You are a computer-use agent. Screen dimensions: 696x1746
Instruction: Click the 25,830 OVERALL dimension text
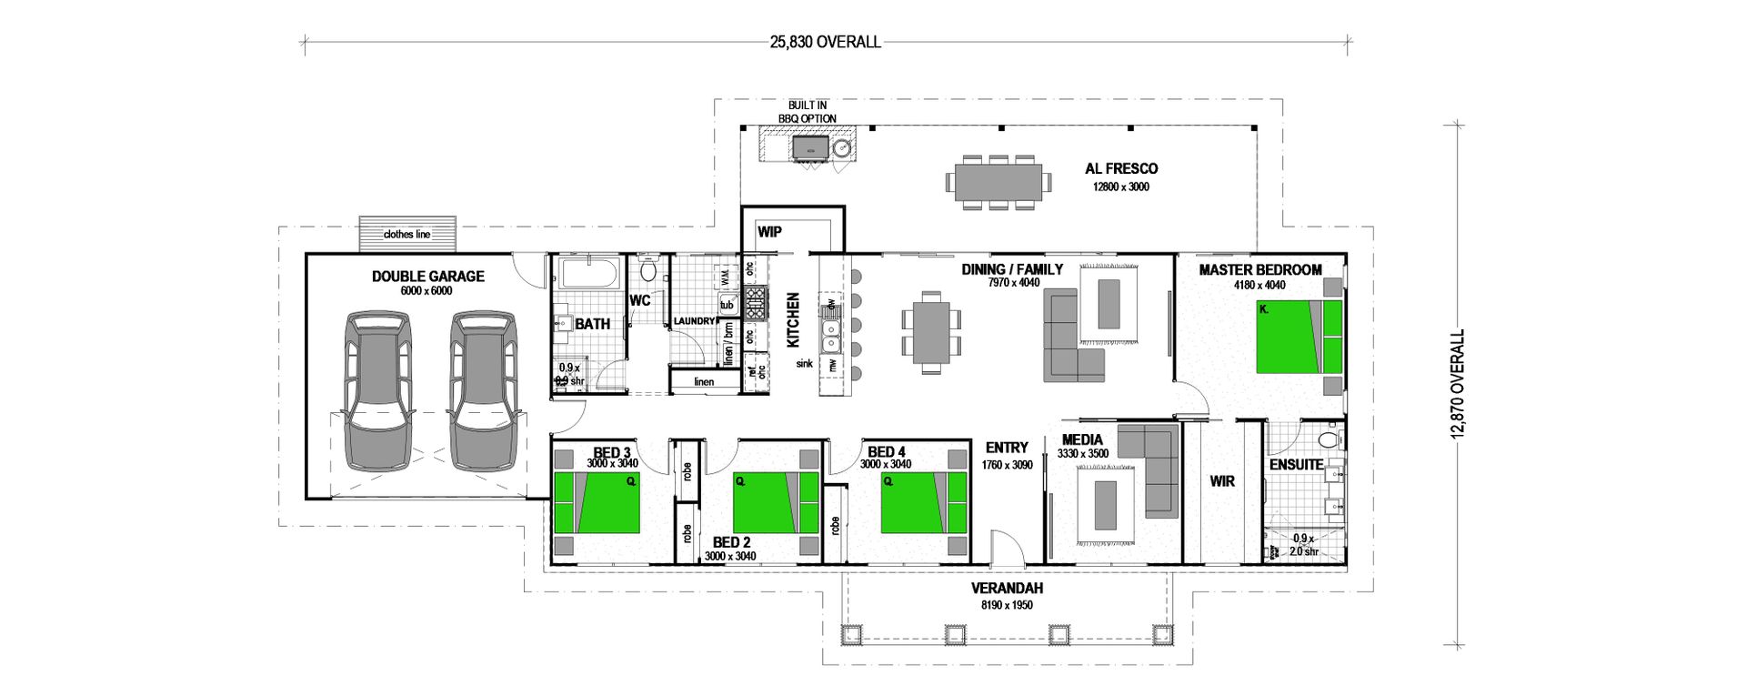(x=825, y=42)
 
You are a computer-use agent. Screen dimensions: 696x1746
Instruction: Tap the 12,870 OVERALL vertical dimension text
(x=1459, y=386)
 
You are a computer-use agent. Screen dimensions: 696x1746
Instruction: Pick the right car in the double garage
(x=484, y=391)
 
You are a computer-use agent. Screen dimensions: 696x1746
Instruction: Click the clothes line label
(x=406, y=235)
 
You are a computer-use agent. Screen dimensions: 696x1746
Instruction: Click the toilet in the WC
(x=648, y=270)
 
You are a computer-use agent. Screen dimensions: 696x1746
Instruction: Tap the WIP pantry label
(x=769, y=232)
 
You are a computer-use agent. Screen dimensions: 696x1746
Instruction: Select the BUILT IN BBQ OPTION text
(x=807, y=112)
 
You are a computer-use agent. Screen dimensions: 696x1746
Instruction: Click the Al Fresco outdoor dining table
(x=998, y=182)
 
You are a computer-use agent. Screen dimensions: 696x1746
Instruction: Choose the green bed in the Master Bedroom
(x=1299, y=337)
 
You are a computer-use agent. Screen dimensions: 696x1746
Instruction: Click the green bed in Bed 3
(x=597, y=502)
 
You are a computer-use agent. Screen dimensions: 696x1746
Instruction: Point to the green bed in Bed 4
(x=923, y=502)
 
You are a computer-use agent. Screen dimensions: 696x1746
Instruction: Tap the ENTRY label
(x=1007, y=448)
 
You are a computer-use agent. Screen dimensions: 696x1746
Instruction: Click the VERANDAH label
(x=1007, y=589)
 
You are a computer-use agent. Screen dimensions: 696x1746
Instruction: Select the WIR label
(x=1222, y=481)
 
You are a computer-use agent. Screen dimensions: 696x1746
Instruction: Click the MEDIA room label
(x=1082, y=440)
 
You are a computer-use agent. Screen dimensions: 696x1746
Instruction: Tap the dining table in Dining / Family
(x=930, y=332)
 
